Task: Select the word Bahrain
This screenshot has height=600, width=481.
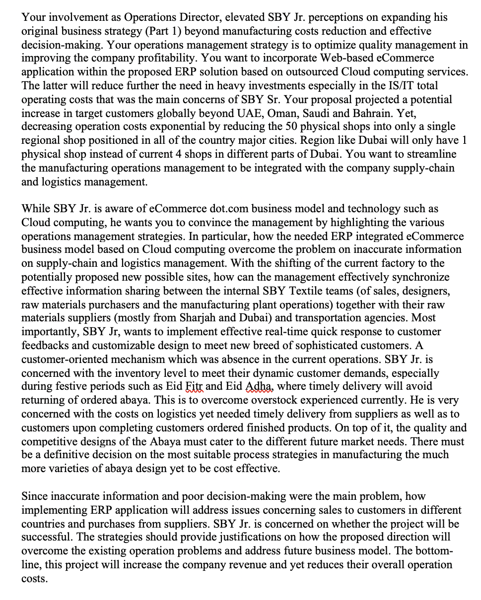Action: (382, 114)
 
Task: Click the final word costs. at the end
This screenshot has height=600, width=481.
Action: (34, 579)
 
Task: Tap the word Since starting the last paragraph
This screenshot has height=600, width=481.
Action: (35, 496)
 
